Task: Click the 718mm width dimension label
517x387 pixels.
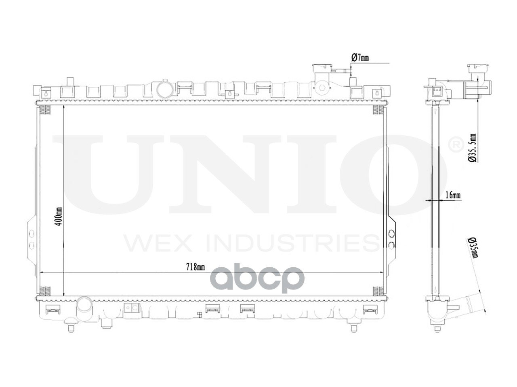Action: [195, 266]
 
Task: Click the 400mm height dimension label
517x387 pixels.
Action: [59, 216]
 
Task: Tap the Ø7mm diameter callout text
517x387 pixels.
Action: [360, 58]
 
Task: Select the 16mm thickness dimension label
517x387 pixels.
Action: [452, 195]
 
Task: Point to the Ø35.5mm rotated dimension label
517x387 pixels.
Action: [472, 148]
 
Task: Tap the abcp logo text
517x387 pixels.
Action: [258, 279]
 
